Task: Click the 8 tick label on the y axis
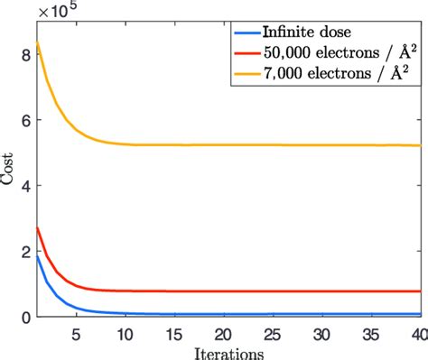[x=26, y=54]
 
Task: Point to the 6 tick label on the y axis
[x=26, y=120]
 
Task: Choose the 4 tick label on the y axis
[x=26, y=186]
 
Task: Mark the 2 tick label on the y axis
[x=26, y=252]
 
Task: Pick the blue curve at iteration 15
[x=174, y=314]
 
